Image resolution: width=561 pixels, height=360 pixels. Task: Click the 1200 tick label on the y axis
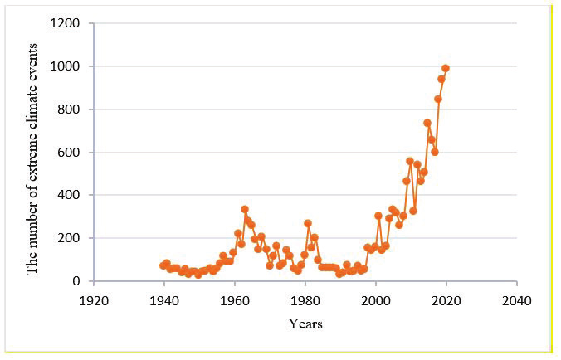tap(65, 23)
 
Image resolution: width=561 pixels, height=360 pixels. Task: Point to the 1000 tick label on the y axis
tap(65, 66)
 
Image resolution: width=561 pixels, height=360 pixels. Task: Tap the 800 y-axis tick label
tap(68, 109)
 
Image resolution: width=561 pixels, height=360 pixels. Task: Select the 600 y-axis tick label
tap(68, 153)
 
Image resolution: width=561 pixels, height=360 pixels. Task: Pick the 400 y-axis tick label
tap(68, 195)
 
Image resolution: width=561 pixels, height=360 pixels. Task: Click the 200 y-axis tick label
tap(68, 238)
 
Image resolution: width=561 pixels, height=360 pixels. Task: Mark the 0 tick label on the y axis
tap(76, 281)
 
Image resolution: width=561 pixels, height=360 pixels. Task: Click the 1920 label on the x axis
tap(94, 301)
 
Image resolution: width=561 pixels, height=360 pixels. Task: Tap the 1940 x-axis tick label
tap(164, 301)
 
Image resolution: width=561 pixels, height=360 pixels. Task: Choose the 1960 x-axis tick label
tap(235, 301)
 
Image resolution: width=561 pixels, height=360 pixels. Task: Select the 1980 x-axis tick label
tap(305, 301)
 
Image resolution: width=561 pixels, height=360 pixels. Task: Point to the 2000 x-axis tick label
tap(376, 301)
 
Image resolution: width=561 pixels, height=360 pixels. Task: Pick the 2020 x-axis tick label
tap(446, 301)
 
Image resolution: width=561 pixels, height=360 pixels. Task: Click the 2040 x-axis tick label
tap(517, 301)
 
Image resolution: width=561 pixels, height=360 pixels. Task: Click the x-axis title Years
tap(305, 324)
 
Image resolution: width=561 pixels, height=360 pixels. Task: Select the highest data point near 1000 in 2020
tap(446, 68)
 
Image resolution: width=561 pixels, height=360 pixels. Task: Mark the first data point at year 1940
tap(163, 265)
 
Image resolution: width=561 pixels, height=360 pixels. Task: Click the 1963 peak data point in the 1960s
tap(245, 209)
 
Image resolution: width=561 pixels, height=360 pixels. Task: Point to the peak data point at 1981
tap(308, 223)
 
